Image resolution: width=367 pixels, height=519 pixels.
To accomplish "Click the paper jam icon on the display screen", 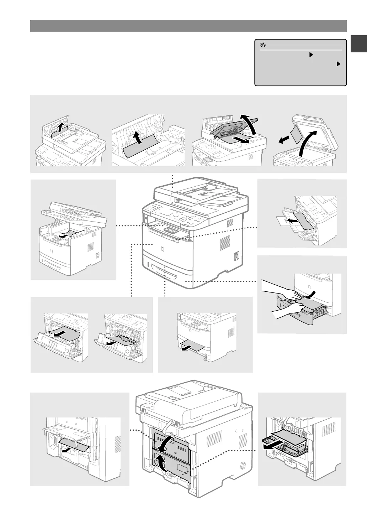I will pyautogui.click(x=264, y=45).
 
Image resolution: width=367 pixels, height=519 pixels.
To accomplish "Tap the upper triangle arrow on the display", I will pyautogui.click(x=310, y=55).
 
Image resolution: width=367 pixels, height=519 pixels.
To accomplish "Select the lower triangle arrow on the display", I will pyautogui.click(x=338, y=64).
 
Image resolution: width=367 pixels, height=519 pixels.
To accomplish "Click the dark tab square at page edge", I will pyautogui.click(x=359, y=43).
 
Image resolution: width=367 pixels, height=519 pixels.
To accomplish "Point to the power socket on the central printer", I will pyautogui.click(x=235, y=256).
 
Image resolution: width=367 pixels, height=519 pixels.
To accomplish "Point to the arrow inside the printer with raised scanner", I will pyautogui.click(x=64, y=235).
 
